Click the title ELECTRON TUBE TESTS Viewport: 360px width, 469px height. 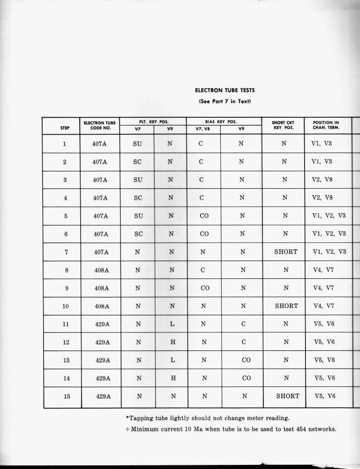[x=225, y=91]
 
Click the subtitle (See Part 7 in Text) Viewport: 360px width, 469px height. [x=225, y=101]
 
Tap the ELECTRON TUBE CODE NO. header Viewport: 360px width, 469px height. [x=100, y=125]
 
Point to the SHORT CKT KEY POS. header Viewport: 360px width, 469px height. [x=283, y=125]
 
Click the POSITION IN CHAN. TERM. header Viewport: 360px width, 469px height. [x=326, y=125]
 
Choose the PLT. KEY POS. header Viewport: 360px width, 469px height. [x=153, y=122]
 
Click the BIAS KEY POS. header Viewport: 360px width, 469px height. [x=224, y=122]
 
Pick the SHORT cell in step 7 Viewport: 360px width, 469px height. [x=286, y=251]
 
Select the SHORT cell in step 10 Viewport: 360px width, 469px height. [x=286, y=305]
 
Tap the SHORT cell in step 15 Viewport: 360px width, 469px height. [x=288, y=396]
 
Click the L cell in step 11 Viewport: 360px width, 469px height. [x=172, y=324]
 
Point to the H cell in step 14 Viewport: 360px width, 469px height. [x=173, y=378]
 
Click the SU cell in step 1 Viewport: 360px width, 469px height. [x=137, y=144]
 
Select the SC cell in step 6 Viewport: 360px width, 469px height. [x=138, y=234]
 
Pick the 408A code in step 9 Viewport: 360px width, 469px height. [x=102, y=288]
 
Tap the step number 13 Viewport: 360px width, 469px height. [x=66, y=360]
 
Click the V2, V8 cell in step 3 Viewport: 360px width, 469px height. [x=322, y=180]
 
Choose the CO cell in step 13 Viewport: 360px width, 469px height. [x=246, y=360]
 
